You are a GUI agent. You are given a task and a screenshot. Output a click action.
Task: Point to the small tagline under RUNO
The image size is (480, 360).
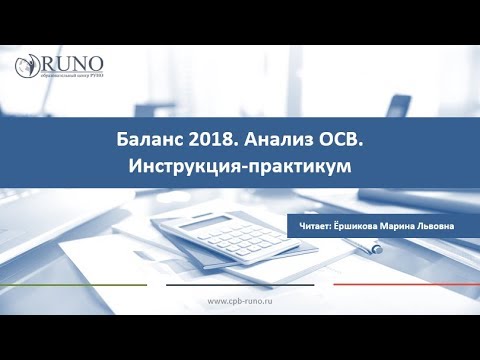(72, 78)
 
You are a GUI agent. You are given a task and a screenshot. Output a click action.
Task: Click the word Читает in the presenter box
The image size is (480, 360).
(317, 226)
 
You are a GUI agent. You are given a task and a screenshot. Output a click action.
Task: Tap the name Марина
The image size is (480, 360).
(408, 226)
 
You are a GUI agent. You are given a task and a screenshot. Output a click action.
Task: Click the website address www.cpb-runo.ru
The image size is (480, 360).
(240, 301)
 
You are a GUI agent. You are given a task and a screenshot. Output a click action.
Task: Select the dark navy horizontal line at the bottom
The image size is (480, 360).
(240, 284)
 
